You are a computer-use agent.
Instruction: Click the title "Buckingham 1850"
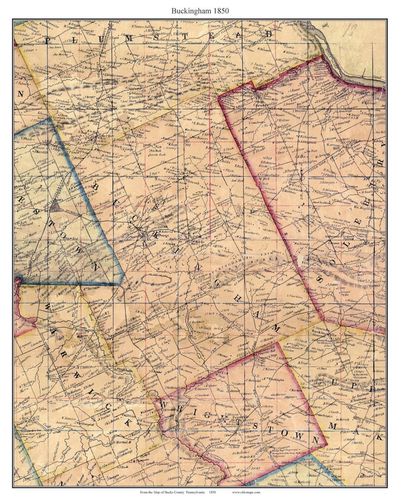(x=200, y=11)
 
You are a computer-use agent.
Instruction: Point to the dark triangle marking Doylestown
(x=56, y=206)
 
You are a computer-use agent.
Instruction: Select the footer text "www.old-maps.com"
(x=246, y=492)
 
